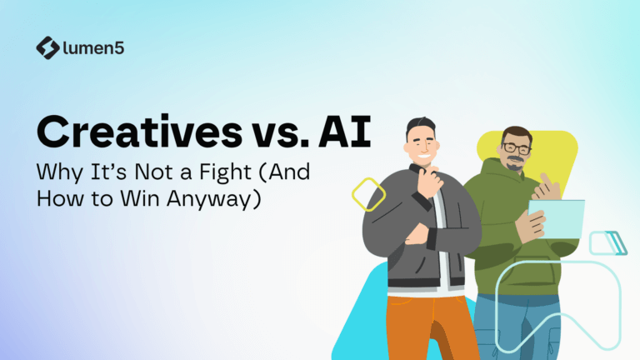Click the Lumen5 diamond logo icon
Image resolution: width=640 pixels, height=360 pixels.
click(x=48, y=47)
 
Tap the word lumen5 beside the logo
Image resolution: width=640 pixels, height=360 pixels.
click(x=94, y=48)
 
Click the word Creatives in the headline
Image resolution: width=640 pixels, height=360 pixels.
click(x=140, y=132)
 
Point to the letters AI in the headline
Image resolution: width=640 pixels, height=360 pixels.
click(x=345, y=132)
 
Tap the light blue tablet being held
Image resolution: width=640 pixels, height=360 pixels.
click(x=557, y=219)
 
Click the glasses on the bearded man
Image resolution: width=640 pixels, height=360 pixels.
click(x=517, y=148)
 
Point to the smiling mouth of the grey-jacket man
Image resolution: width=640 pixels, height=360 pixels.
click(x=423, y=157)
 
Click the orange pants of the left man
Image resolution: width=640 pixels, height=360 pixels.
click(x=428, y=327)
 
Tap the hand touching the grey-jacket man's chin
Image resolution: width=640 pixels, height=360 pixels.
click(x=429, y=182)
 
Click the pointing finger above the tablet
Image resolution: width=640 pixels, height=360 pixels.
click(x=546, y=180)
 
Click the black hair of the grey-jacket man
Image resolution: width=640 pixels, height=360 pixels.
click(x=420, y=125)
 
